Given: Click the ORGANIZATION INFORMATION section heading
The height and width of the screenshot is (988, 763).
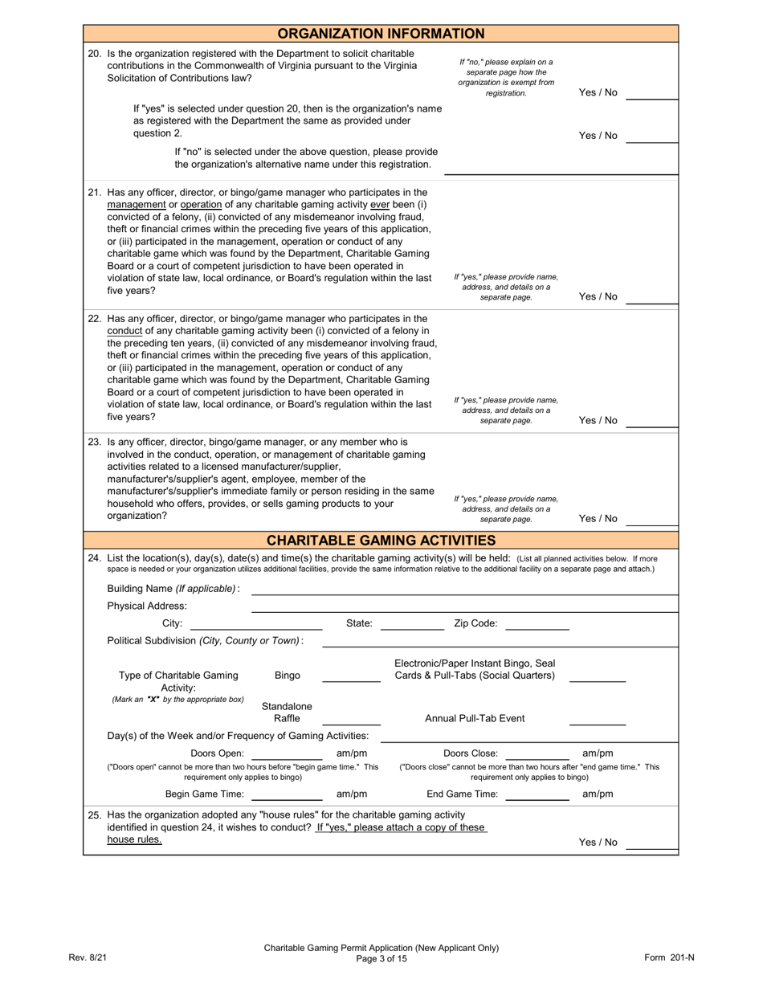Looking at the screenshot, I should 381,34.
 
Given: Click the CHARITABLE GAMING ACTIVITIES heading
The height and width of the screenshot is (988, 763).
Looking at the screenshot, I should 381,541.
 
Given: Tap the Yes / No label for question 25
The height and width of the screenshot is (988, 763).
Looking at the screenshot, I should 598,843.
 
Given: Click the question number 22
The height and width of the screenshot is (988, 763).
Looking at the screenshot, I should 95,318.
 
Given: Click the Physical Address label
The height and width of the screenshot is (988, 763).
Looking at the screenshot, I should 147,606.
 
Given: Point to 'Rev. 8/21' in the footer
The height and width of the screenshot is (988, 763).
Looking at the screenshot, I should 88,957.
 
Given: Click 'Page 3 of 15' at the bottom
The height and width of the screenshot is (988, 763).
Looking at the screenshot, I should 381,958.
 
